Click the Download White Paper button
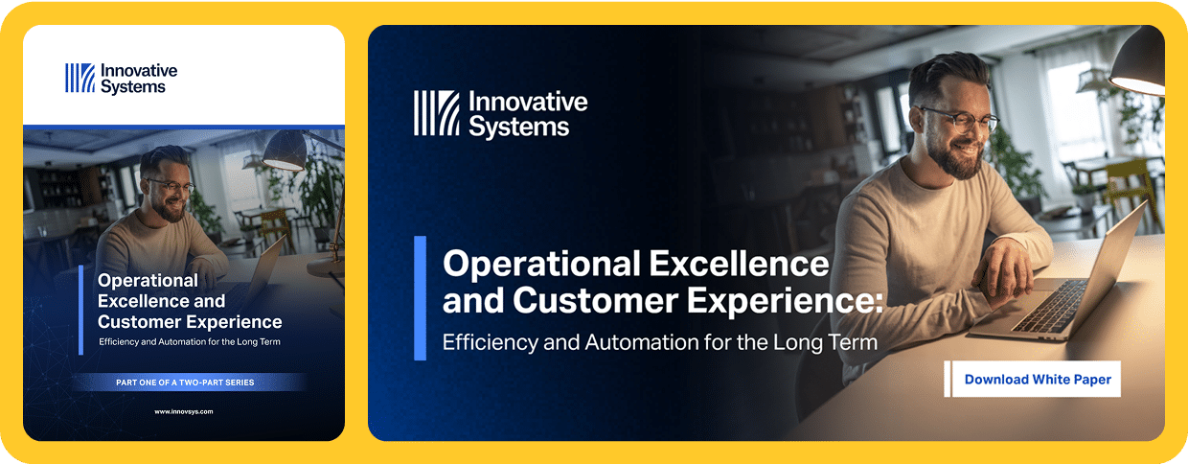click(1033, 379)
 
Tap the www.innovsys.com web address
click(184, 411)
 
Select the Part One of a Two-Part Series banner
click(185, 383)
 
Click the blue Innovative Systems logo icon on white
click(80, 78)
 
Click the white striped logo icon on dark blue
click(437, 112)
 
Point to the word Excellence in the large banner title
click(739, 264)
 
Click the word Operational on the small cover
click(148, 280)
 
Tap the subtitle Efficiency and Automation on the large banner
click(660, 342)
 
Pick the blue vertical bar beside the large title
click(420, 298)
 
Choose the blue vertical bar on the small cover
click(81, 310)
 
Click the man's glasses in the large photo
click(960, 120)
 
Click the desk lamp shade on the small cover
click(285, 151)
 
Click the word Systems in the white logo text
click(133, 86)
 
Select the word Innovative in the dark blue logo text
click(528, 102)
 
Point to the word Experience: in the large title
click(785, 301)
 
